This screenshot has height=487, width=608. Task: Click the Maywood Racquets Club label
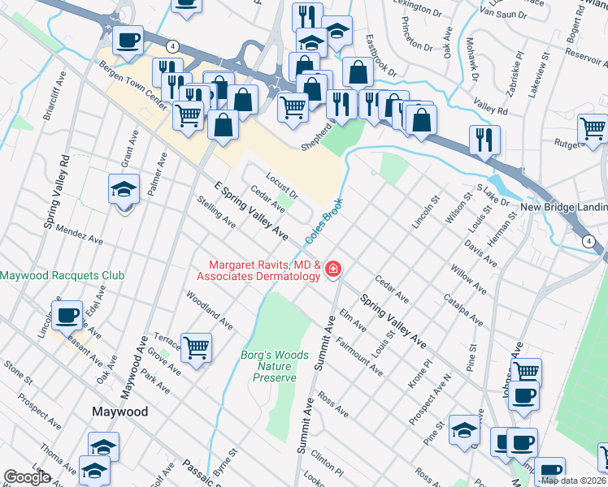[63, 275]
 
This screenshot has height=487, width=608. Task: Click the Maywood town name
[119, 412]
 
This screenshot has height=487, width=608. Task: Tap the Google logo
[28, 477]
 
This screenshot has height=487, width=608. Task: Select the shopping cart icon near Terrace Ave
[197, 348]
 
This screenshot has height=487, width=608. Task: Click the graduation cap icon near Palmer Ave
[124, 190]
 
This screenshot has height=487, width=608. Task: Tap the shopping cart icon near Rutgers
[593, 128]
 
